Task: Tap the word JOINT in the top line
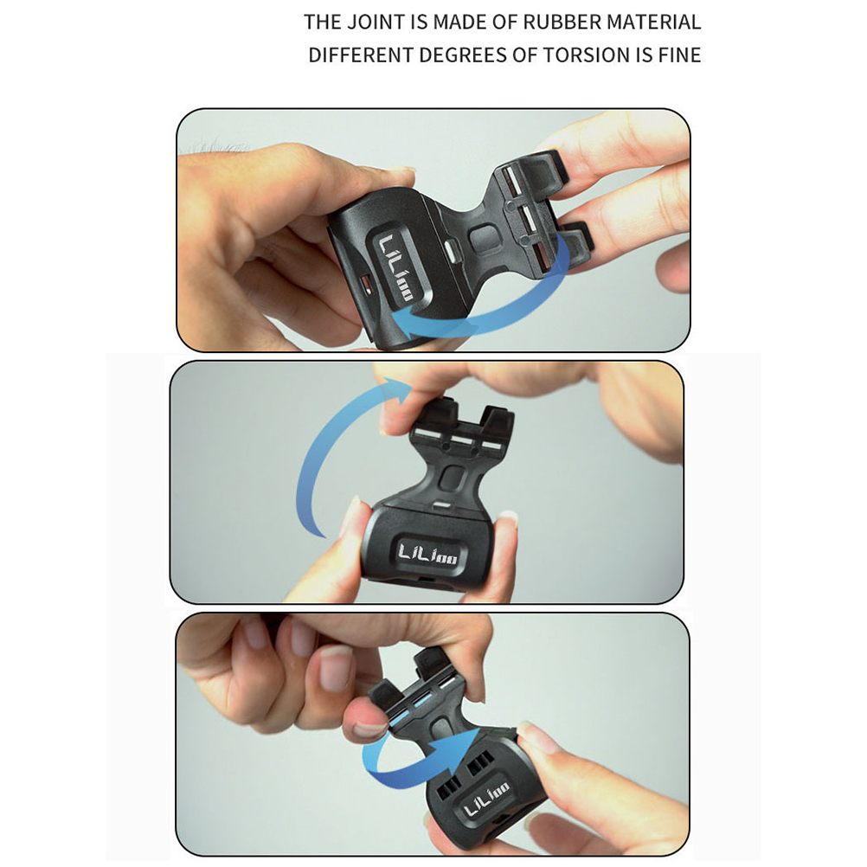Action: [x=376, y=22]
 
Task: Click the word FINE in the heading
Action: [x=679, y=55]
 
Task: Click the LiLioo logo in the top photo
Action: [x=394, y=268]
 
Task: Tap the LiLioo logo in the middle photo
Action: [x=427, y=554]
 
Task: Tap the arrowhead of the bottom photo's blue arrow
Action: [x=464, y=745]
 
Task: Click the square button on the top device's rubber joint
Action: [x=485, y=240]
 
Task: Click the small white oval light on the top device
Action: [x=453, y=252]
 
